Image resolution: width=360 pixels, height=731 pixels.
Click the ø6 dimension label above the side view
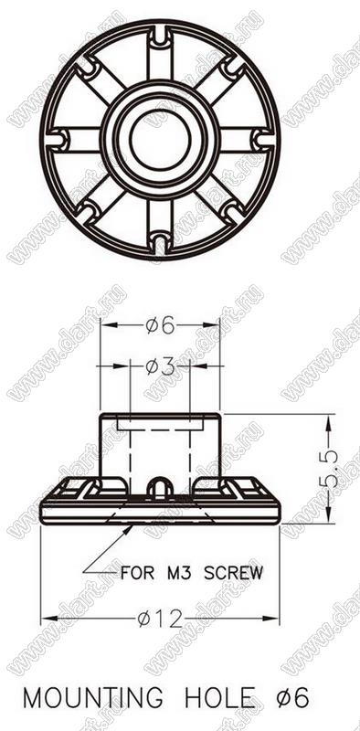(160, 326)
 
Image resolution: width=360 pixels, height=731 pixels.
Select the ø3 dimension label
(160, 367)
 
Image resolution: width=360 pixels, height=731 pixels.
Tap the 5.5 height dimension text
(330, 470)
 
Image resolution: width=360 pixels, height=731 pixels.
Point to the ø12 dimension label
(160, 620)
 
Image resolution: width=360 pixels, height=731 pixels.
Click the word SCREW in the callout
(234, 572)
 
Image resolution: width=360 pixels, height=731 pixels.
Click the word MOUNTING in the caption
(93, 698)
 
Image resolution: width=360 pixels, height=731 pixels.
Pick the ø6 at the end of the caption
(291, 698)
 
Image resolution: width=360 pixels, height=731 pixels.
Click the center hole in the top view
(160, 139)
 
